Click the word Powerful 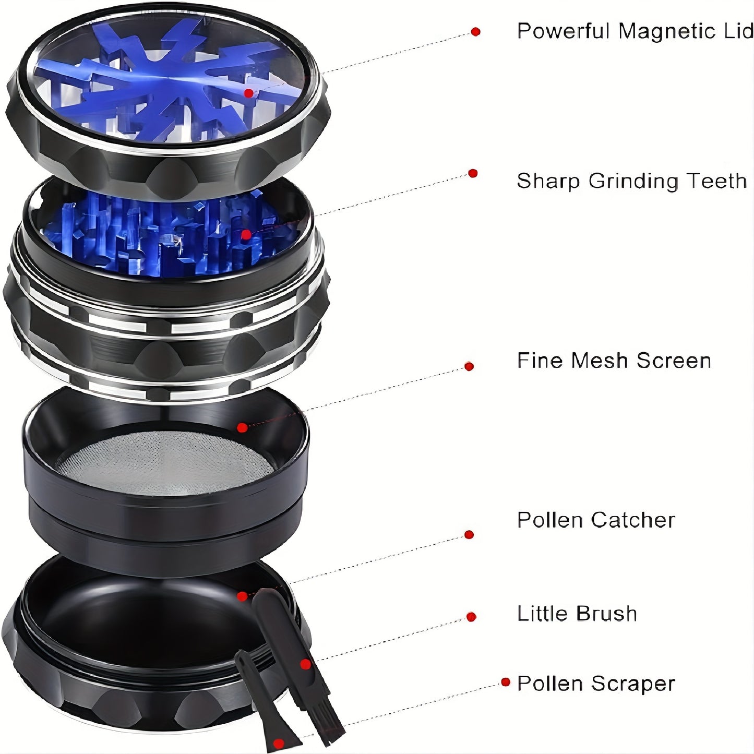pos(564,31)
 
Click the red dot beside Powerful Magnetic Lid pos(475,32)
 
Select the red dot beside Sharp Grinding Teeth pos(473,173)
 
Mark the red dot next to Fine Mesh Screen pos(469,366)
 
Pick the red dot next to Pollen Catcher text pos(469,535)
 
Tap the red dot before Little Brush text pos(471,617)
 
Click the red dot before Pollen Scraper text pos(505,682)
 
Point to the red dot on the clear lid pos(249,93)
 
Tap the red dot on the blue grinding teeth pos(246,235)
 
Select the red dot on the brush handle pos(306,664)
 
